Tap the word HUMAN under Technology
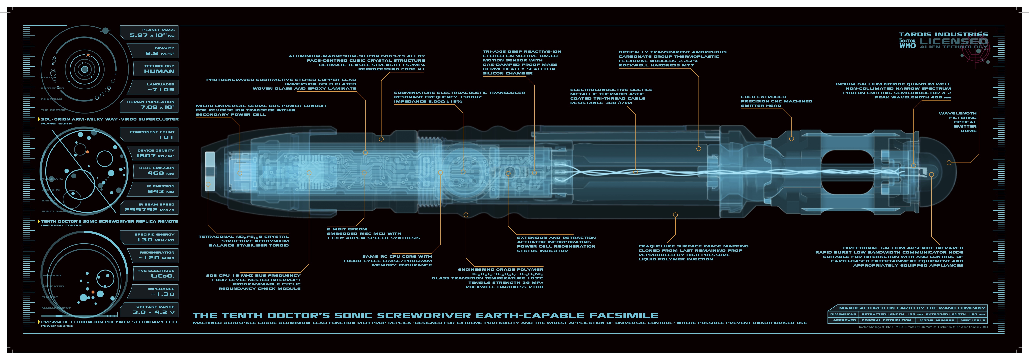tap(159, 71)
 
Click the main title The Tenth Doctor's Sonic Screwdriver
tap(425, 316)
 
